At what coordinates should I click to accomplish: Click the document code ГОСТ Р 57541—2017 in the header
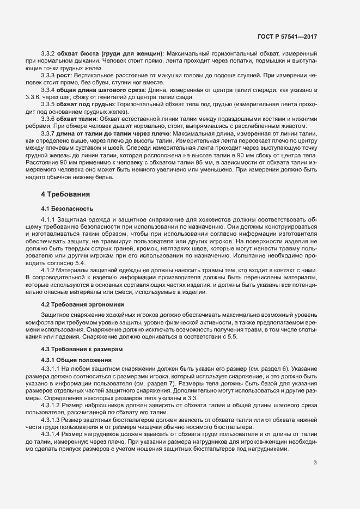[287, 36]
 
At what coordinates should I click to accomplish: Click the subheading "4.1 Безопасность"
[68, 208]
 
